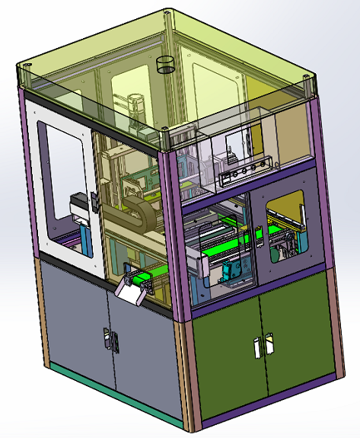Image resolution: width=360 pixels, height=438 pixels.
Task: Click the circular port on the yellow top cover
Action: pos(165,63)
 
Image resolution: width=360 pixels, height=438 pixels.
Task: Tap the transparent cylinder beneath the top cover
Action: pos(136,107)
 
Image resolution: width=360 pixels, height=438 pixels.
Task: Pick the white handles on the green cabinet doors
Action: pos(261,344)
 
